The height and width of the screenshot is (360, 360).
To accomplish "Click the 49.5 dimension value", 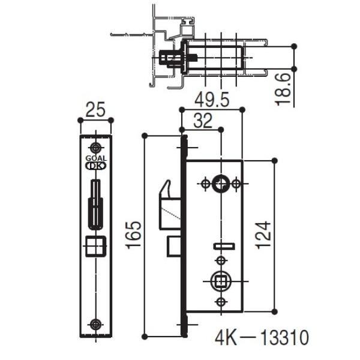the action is tap(212, 100).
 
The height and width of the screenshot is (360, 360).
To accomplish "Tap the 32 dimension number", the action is tap(203, 121).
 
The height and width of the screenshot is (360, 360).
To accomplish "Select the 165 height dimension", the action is tap(133, 235).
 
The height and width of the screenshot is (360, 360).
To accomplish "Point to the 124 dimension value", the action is tap(263, 235).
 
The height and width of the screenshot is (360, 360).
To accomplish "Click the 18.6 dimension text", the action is tap(283, 89).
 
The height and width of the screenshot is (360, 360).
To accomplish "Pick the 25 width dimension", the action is tap(95, 110).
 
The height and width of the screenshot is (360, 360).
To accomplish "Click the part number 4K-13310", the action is tap(262, 337).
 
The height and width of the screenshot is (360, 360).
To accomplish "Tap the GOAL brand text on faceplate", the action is tap(96, 158).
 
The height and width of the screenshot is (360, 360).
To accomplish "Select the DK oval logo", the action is tap(96, 166).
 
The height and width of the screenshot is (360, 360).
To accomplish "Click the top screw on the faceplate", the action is tap(95, 148).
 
